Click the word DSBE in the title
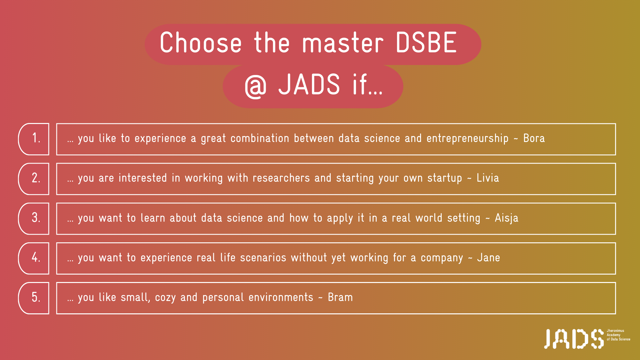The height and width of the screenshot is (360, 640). point(426,42)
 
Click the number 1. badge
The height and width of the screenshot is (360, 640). point(34,139)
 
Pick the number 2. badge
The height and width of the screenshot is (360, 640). point(34,179)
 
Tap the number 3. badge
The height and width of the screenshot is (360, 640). point(34,219)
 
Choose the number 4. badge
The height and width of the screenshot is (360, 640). point(34,258)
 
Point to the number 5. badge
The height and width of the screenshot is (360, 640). point(34,298)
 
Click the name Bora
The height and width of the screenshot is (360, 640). point(534,138)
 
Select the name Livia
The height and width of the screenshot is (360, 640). point(488,178)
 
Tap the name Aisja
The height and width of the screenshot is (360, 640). point(507,218)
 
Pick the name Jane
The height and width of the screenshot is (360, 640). point(488,257)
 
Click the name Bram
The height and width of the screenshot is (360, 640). point(340,297)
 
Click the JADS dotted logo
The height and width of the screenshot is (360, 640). point(574,339)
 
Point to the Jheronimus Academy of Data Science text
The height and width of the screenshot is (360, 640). point(618,335)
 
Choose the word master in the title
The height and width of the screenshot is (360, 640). point(343,43)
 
